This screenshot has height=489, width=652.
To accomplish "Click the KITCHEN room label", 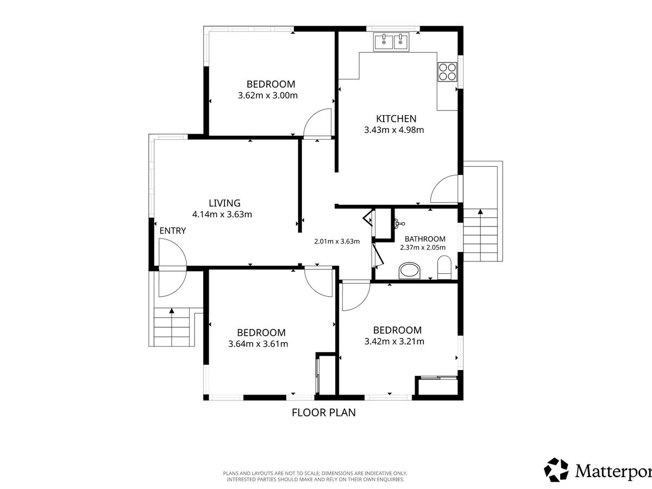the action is pyautogui.click(x=396, y=119).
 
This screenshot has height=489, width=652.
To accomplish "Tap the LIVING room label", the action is pyautogui.click(x=224, y=203).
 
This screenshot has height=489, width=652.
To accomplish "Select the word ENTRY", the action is pyautogui.click(x=173, y=231).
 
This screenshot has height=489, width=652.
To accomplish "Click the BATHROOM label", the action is pyautogui.click(x=425, y=239).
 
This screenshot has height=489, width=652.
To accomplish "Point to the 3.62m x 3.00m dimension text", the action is pyautogui.click(x=268, y=96).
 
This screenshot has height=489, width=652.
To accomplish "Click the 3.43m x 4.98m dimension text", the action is pyautogui.click(x=394, y=130).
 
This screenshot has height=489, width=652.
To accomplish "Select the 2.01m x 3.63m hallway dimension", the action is pyautogui.click(x=337, y=241).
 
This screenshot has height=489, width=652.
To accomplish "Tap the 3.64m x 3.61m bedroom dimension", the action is pyautogui.click(x=258, y=344).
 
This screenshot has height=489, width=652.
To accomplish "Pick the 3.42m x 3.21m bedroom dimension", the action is pyautogui.click(x=394, y=341).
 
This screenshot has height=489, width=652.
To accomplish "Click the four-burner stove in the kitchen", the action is pyautogui.click(x=447, y=72).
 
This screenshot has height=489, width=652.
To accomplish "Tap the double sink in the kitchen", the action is pyautogui.click(x=392, y=42).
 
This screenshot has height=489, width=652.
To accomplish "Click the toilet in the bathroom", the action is pyautogui.click(x=444, y=267).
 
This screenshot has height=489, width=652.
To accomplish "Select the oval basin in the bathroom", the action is pyautogui.click(x=410, y=271).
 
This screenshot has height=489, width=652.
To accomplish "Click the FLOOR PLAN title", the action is pyautogui.click(x=324, y=413).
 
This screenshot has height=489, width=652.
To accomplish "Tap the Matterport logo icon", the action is pyautogui.click(x=556, y=470).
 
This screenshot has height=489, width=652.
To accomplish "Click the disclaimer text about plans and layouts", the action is pyautogui.click(x=315, y=477).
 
